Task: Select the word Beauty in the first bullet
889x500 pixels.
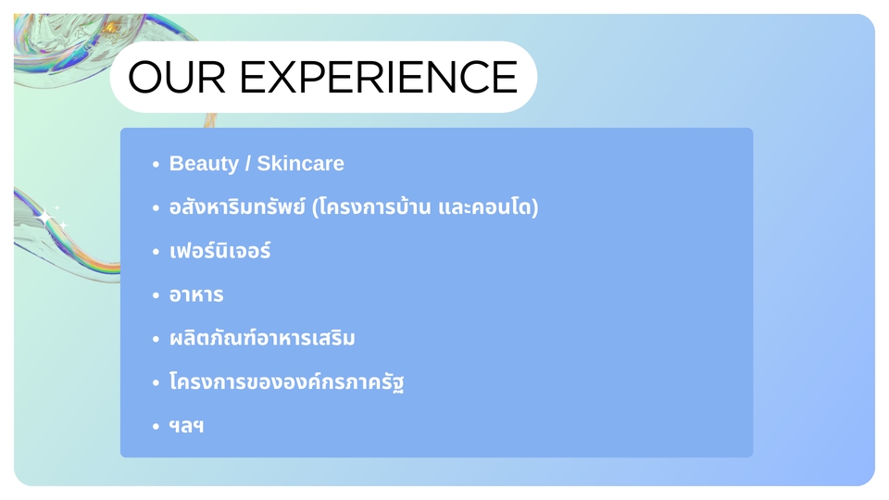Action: click(204, 164)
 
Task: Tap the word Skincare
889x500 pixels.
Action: click(300, 164)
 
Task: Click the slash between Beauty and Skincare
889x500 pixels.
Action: click(247, 164)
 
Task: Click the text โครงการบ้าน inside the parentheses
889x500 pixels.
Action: click(376, 207)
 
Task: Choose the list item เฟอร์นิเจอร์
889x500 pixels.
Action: click(219, 251)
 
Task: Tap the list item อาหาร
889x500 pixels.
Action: click(196, 295)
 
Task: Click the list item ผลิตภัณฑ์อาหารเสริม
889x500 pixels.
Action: click(262, 339)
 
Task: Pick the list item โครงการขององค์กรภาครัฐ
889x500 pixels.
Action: click(287, 382)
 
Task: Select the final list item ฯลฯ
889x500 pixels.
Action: click(186, 426)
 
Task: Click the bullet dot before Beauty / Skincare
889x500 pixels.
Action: click(157, 165)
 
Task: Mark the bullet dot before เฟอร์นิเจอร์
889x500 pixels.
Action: click(157, 252)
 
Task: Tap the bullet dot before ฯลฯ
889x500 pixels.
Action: click(157, 427)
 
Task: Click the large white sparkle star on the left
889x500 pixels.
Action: click(44, 217)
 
